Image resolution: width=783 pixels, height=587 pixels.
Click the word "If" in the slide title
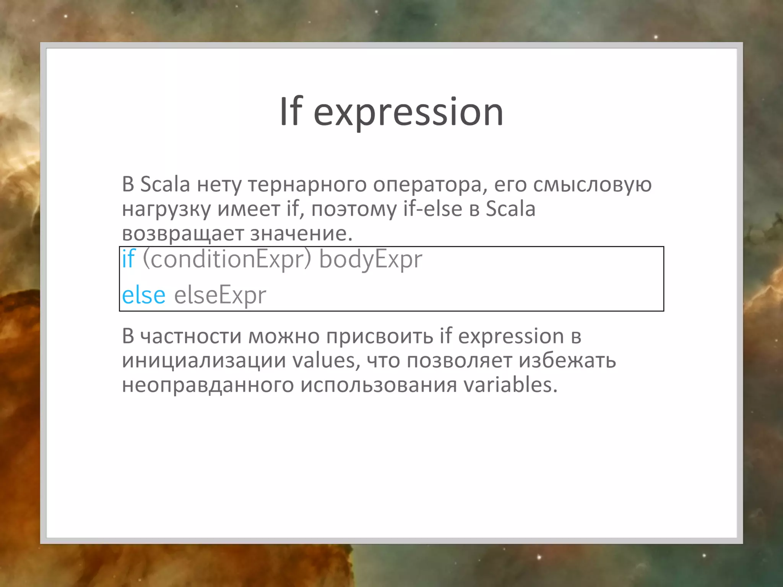(x=291, y=111)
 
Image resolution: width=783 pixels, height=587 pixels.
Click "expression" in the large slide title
(x=408, y=113)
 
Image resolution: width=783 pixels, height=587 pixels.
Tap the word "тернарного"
(x=307, y=185)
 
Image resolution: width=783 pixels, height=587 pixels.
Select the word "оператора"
(x=430, y=185)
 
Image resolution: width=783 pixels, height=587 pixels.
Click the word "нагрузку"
(x=166, y=209)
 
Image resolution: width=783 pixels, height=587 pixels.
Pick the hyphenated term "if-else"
(x=432, y=209)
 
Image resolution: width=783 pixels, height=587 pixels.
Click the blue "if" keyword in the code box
(x=128, y=259)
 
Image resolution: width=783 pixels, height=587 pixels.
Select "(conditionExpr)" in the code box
(x=227, y=259)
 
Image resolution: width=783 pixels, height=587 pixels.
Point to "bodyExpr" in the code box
(x=370, y=259)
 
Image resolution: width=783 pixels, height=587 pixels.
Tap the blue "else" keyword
(x=144, y=295)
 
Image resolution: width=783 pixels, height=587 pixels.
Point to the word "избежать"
(x=567, y=360)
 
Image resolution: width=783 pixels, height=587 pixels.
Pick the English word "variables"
(x=510, y=384)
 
